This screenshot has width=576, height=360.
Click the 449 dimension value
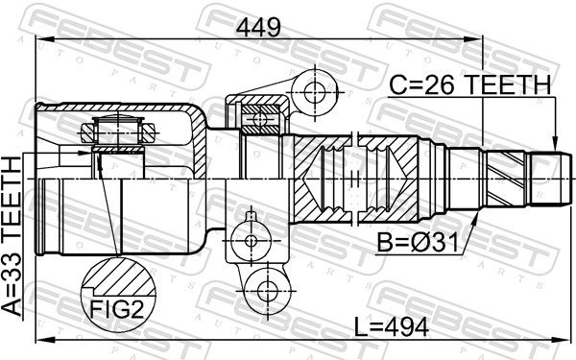258,27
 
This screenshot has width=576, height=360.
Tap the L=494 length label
392,327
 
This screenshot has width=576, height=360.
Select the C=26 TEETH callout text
470,84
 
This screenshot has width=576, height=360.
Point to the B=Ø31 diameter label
418,243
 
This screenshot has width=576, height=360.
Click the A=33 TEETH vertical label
12,236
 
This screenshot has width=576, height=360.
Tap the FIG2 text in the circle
116,310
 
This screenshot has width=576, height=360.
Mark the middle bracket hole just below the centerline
251,241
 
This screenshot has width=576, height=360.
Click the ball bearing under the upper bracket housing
260,119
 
